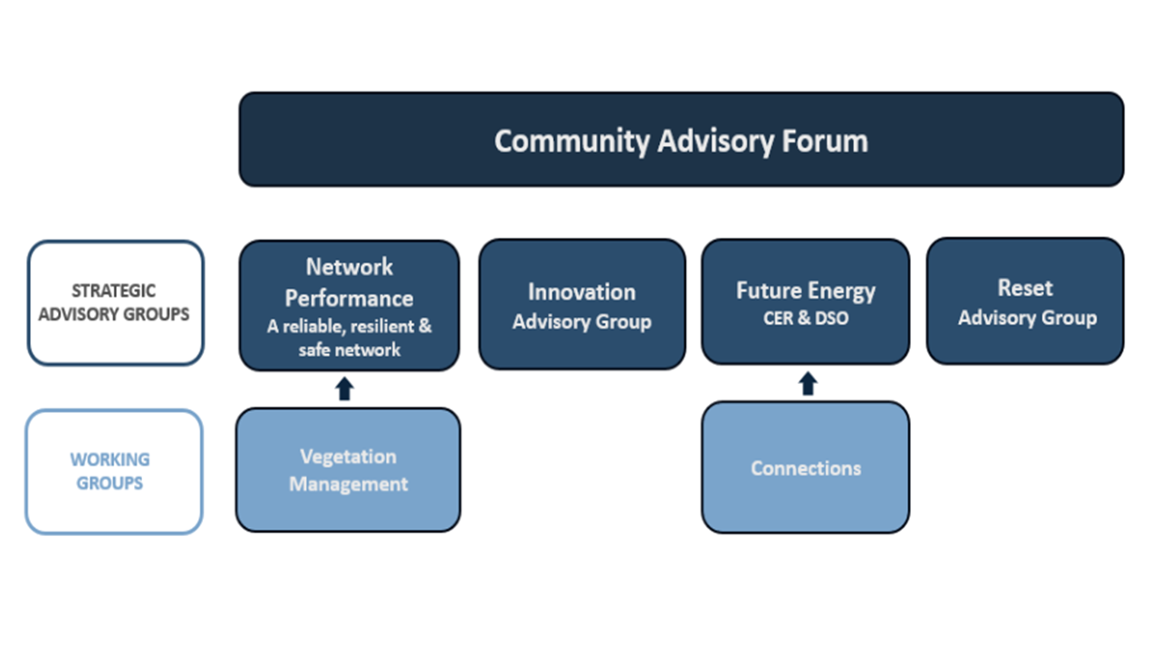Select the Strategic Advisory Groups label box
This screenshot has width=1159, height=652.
click(x=115, y=302)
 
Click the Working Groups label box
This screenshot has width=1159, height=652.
click(x=113, y=472)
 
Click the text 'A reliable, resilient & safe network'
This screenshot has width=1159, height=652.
click(x=349, y=337)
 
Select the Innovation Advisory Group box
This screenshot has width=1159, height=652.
click(x=581, y=305)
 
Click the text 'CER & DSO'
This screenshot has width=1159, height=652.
click(x=805, y=319)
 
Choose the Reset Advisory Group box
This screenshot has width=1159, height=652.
click(x=1025, y=302)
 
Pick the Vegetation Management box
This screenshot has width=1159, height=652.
click(x=348, y=470)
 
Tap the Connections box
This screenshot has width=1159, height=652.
click(x=805, y=468)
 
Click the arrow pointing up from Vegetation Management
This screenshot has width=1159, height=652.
click(x=344, y=389)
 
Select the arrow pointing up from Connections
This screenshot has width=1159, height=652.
click(x=808, y=384)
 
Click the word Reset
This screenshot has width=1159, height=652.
click(x=1025, y=288)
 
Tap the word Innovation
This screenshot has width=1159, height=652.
click(x=581, y=292)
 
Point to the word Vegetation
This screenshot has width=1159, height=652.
click(x=348, y=456)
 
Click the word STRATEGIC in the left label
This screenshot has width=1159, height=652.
click(x=113, y=291)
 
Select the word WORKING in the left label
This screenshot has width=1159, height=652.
click(x=110, y=459)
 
